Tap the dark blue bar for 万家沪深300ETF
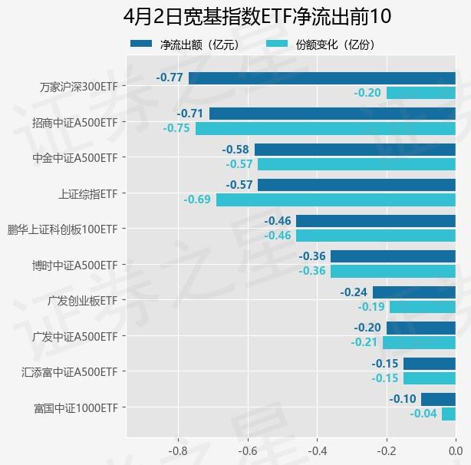pos(322,77)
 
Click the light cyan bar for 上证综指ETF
pos(336,200)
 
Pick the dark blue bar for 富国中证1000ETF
pos(438,399)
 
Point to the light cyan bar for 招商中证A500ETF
pos(325,128)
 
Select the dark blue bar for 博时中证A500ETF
pos(393,256)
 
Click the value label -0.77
pos(170,77)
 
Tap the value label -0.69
pos(197,200)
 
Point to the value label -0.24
pos(354,292)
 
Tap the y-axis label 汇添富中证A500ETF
pos(70,372)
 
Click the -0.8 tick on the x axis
pos(178,450)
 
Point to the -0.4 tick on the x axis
pos(317,450)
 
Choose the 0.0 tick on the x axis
pos(455,450)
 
